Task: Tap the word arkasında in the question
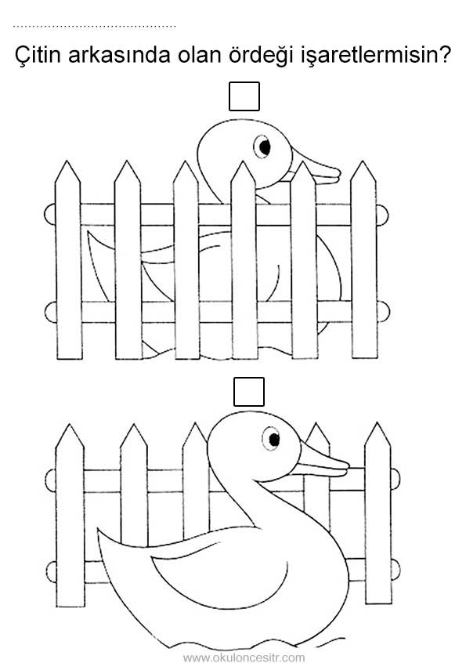tap(119, 55)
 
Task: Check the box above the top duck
tap(244, 96)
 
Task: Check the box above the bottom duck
tap(249, 392)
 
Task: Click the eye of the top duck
tap(263, 147)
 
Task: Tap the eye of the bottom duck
tap(272, 439)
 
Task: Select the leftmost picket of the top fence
tap(68, 260)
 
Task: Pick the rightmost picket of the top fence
tap(363, 259)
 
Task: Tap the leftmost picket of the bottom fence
tap(70, 516)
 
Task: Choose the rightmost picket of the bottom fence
tap(378, 513)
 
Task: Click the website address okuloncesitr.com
tap(244, 658)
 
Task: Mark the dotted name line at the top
tap(94, 26)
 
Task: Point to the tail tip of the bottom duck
tap(98, 530)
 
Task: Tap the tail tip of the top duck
tap(88, 232)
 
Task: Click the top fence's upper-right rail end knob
tap(383, 215)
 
